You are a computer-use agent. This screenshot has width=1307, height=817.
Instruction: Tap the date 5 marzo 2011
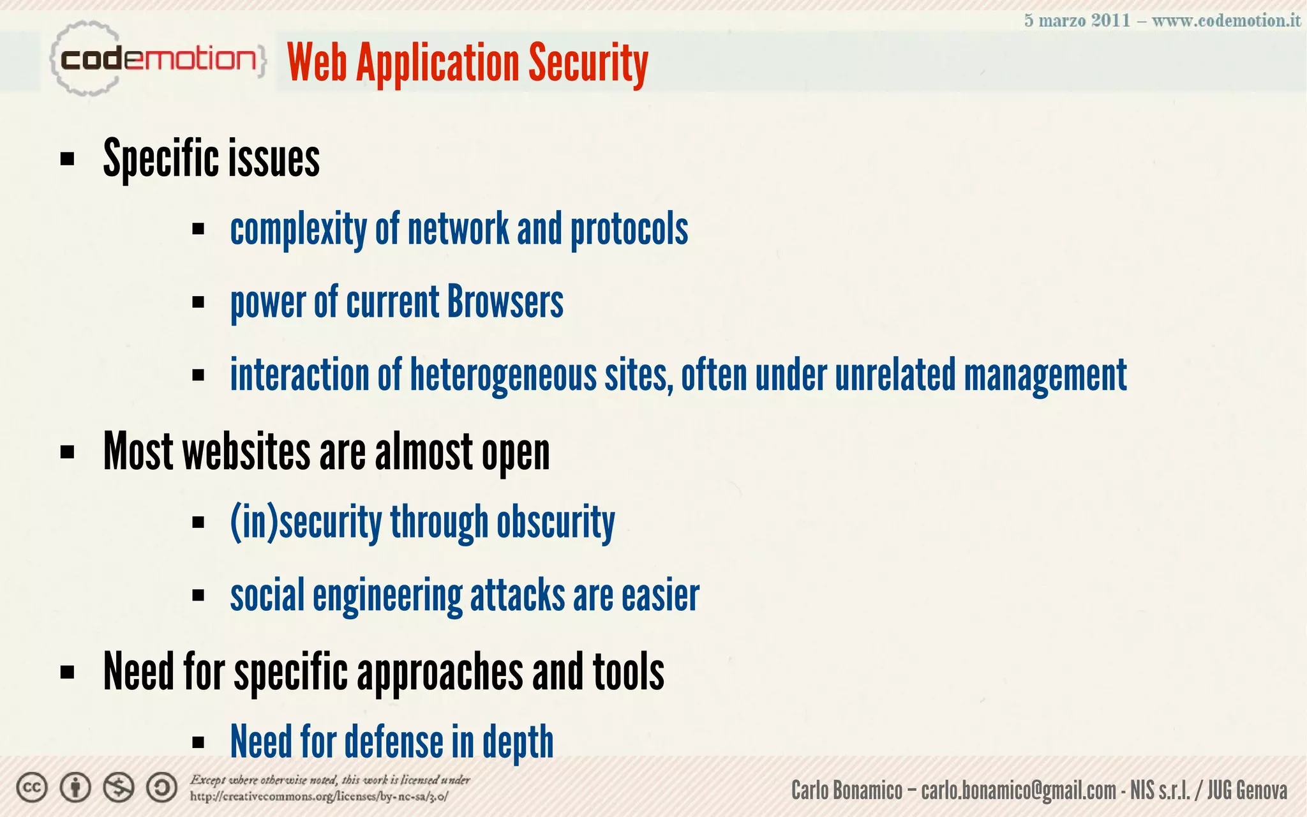[x=1077, y=20]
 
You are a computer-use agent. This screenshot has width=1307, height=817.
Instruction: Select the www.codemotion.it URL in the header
[x=1226, y=20]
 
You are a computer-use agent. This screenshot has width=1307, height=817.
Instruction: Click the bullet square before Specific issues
[x=67, y=159]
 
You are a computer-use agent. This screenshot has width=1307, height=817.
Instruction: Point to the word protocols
[x=629, y=229]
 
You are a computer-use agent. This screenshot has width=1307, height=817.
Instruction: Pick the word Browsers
[x=505, y=302]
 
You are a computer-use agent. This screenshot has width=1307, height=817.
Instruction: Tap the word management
[x=1045, y=375]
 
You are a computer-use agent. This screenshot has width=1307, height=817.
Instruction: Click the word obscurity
[x=555, y=522]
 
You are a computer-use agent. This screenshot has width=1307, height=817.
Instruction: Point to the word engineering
[x=387, y=596]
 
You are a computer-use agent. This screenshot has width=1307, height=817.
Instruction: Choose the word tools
[x=628, y=671]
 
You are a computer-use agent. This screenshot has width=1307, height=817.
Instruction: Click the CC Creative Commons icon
[x=32, y=788]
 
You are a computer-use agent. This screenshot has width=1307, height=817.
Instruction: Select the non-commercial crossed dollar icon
[x=119, y=788]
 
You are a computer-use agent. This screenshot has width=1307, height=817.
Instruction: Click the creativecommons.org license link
[x=319, y=797]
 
